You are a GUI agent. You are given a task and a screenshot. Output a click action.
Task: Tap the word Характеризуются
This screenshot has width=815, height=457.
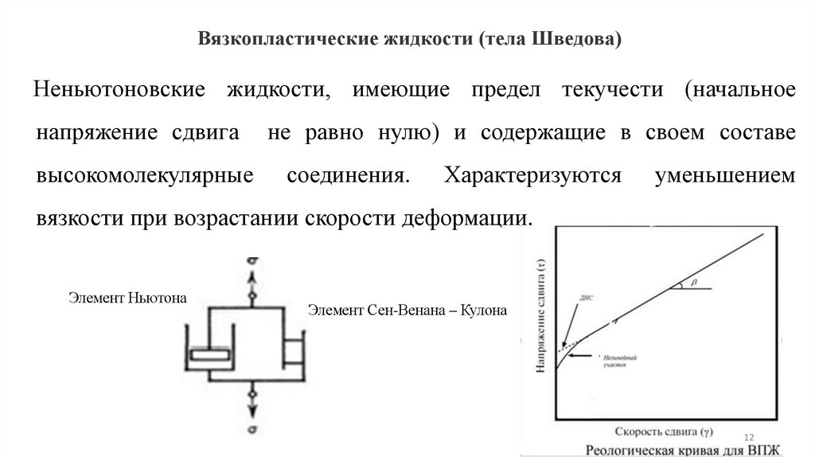[528, 175]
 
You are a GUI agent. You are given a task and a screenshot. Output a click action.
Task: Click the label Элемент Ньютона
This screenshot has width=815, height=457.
[127, 299]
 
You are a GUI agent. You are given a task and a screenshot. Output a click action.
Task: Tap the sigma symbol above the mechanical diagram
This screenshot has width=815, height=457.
[252, 260]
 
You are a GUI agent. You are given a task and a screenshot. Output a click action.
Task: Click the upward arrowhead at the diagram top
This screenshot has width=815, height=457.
[252, 277]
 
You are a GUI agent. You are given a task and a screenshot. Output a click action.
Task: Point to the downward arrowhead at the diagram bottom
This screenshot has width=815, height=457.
[252, 411]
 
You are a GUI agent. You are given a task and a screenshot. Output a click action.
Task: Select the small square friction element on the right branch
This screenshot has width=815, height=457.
[293, 350]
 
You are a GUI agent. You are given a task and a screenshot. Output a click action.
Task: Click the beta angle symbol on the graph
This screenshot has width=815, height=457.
[692, 281]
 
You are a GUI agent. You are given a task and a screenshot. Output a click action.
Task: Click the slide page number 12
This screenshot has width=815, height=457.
[748, 439]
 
